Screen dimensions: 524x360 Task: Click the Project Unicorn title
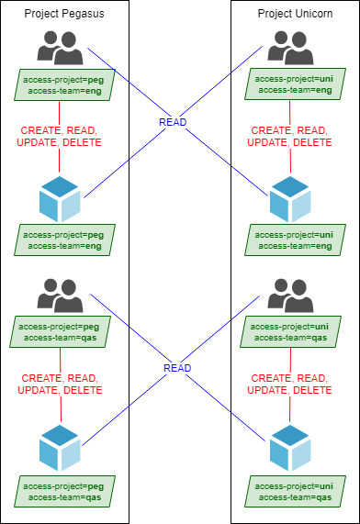coord(295,16)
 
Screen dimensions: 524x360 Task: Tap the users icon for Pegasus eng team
coord(60,46)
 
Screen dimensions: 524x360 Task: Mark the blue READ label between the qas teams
coord(177,368)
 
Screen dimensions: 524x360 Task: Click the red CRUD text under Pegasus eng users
coord(60,136)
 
